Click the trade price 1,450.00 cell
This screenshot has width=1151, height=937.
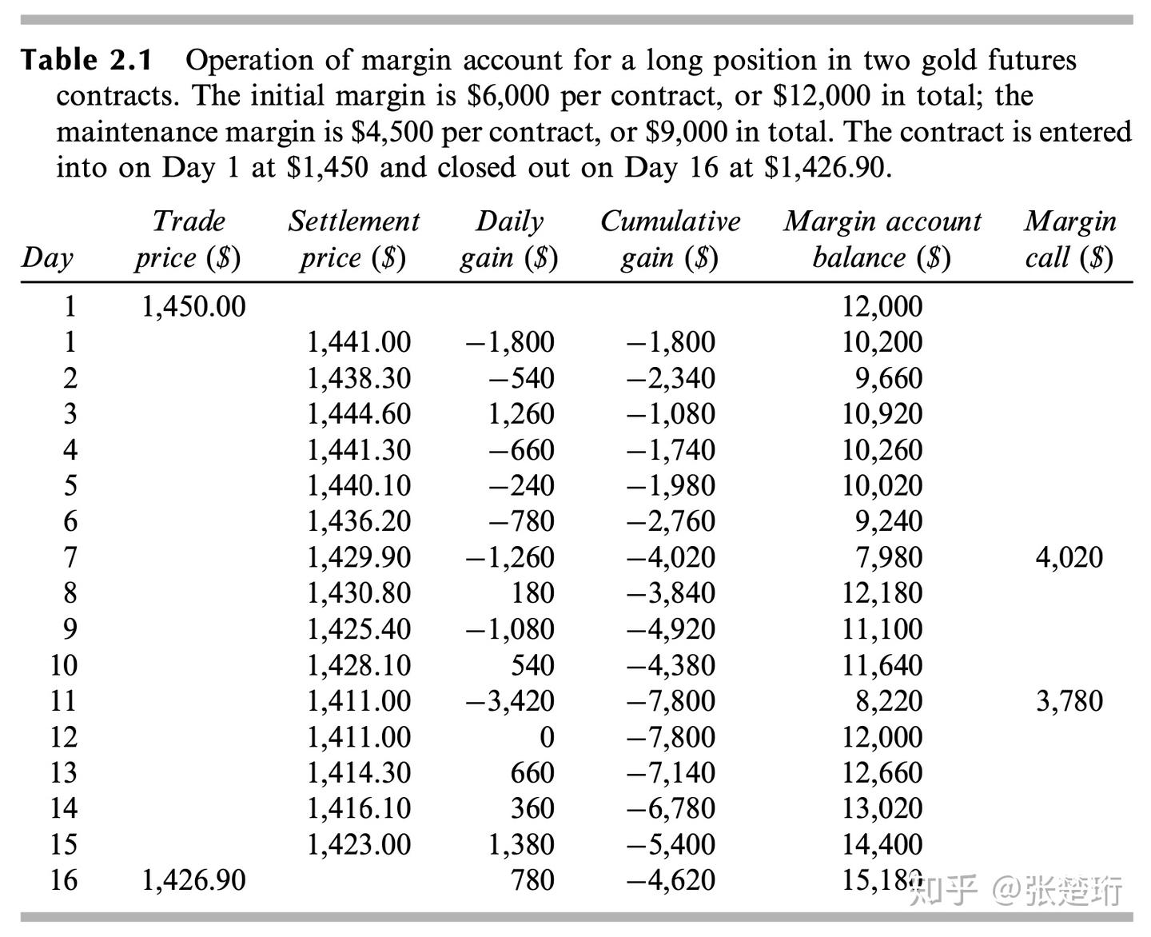coord(193,306)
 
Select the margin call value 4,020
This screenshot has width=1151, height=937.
coord(1069,557)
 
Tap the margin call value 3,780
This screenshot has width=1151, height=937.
coord(1069,701)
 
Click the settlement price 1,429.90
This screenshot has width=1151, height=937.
coord(359,557)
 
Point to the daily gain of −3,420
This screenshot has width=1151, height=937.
coord(510,701)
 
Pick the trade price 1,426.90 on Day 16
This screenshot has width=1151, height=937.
coord(193,880)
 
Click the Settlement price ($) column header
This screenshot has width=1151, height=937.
coord(353,239)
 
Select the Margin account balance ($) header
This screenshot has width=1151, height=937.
coord(882,239)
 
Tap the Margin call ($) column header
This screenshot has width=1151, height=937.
coord(1069,239)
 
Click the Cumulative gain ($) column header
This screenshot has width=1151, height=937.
coord(670,239)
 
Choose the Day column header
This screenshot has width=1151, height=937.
coord(47,257)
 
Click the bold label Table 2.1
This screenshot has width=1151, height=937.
coord(86,60)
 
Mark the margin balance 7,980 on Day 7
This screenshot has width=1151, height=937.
coord(889,557)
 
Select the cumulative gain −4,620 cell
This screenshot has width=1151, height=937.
coord(671,880)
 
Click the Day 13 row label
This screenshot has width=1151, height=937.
coord(63,772)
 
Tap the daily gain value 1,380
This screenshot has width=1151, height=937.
coord(521,844)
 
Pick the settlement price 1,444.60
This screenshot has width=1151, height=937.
coord(359,413)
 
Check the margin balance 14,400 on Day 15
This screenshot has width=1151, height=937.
coord(882,844)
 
